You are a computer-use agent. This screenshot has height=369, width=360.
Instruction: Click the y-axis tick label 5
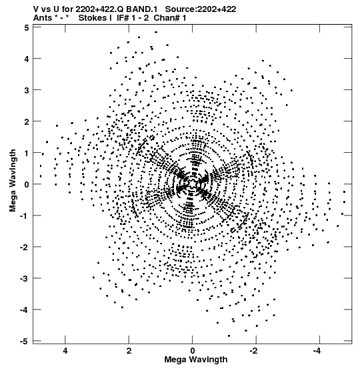[x=27, y=28]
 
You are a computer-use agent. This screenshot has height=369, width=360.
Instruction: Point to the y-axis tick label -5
[x=24, y=341]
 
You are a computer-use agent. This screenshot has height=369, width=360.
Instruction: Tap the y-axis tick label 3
[x=27, y=90]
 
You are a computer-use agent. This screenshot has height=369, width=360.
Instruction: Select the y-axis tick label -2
[x=24, y=247]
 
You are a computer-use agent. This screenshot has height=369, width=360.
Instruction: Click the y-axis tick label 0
[x=27, y=184]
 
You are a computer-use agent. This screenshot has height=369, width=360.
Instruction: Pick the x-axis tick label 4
[x=65, y=351]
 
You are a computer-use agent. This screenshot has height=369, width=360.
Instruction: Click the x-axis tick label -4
[x=317, y=351]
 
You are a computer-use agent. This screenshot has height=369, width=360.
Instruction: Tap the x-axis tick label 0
[x=193, y=351]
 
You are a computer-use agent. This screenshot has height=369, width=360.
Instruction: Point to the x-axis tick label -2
[x=253, y=351]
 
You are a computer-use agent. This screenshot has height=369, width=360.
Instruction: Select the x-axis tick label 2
[x=129, y=351]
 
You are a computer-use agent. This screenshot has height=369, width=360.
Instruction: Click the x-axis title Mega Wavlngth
[x=196, y=360]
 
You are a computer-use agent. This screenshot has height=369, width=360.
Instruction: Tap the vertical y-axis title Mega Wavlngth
[x=13, y=181]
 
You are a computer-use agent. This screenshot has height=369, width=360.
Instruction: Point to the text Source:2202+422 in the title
[x=201, y=9]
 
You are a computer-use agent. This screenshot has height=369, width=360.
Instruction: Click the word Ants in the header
[x=43, y=18]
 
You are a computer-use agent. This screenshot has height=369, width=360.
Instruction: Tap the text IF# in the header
[x=123, y=18]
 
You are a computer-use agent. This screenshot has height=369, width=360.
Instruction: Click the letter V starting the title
[x=36, y=9]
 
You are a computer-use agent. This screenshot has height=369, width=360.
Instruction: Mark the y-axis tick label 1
[x=27, y=153]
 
